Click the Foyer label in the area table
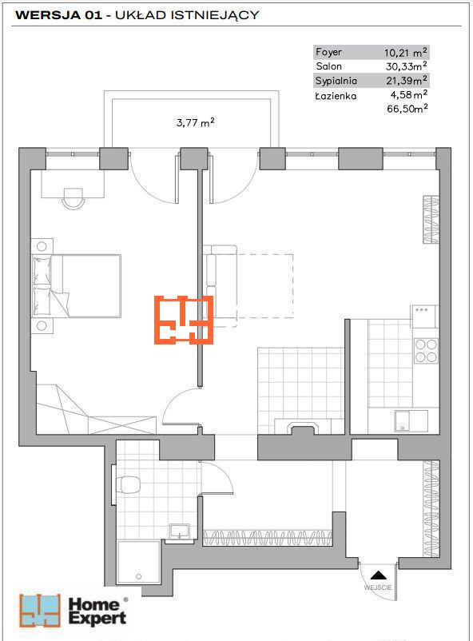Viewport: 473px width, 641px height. coord(328,52)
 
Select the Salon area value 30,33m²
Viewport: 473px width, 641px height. coord(407,66)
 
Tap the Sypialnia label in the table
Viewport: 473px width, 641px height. coord(336,81)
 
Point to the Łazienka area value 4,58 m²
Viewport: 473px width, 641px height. coord(409,95)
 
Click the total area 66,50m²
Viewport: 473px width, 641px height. coord(407,109)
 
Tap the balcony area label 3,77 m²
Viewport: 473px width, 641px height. coord(196,122)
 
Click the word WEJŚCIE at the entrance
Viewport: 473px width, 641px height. coord(378,587)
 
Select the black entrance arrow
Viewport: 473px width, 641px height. coord(379,575)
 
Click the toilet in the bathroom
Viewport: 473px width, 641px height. coord(128,485)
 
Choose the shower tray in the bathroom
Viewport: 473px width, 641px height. coord(138,563)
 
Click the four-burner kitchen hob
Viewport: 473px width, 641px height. coord(426,351)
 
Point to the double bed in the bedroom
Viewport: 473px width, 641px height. coord(76,286)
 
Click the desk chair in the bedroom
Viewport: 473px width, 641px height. coord(74,198)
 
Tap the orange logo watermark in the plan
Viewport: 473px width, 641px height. coord(184,319)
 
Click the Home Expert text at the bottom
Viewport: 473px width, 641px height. coord(97,611)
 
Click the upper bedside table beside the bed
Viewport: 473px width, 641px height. coord(42,246)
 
